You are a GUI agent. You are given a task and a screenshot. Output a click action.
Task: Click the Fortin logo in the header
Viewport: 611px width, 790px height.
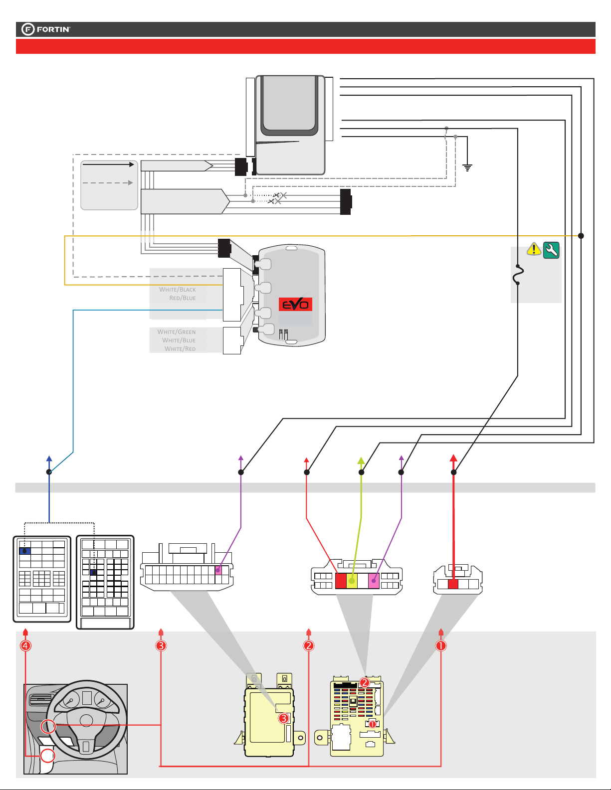(x=46, y=29)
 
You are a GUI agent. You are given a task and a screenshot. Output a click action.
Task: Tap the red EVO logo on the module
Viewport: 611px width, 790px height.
(x=295, y=305)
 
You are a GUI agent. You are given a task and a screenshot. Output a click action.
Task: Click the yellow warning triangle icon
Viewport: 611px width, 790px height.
(x=534, y=249)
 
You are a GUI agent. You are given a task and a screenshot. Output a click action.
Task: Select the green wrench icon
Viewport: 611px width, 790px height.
(x=551, y=250)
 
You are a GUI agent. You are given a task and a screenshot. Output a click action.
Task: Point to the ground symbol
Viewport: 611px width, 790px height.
(x=467, y=167)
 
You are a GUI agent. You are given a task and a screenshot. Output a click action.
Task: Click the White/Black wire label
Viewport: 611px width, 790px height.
(x=178, y=290)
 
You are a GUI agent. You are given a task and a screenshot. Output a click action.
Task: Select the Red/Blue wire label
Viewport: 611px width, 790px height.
(x=183, y=298)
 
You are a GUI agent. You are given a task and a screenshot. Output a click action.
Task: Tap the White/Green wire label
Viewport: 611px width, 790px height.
(x=177, y=331)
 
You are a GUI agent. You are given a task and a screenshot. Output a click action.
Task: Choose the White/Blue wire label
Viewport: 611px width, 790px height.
(x=179, y=340)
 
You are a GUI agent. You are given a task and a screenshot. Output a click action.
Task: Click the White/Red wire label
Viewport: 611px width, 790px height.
(x=181, y=349)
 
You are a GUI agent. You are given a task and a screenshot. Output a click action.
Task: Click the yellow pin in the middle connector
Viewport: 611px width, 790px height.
(x=352, y=581)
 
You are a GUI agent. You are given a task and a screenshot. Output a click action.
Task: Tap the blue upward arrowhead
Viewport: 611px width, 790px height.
(x=49, y=459)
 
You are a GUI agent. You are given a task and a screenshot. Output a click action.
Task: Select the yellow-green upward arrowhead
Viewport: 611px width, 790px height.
(x=361, y=460)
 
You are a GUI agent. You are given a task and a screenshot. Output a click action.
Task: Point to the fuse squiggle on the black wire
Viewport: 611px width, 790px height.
(x=518, y=275)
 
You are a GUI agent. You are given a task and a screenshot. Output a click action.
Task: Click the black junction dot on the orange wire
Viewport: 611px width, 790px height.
(x=581, y=236)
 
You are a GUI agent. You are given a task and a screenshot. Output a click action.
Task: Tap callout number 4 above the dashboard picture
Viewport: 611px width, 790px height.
(x=25, y=645)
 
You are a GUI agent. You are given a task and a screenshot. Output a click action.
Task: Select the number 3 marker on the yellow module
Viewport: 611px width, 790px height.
(x=284, y=718)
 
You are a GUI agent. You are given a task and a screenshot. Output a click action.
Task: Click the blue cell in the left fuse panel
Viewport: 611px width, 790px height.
(x=25, y=551)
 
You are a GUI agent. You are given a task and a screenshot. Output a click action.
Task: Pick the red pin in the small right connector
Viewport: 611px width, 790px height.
(x=453, y=584)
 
